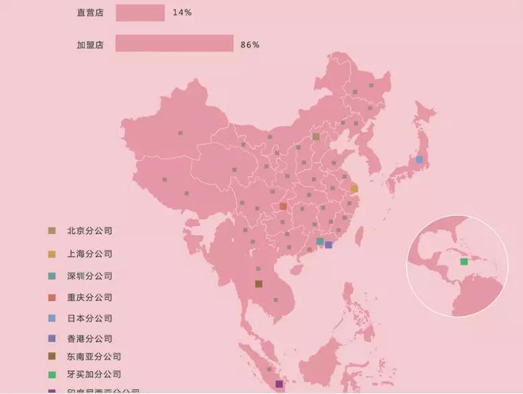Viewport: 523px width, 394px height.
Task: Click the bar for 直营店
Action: click(140, 13)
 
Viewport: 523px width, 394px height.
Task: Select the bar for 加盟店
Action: click(174, 44)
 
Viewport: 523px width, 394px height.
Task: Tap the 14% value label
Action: click(182, 13)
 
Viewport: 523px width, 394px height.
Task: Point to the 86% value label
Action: click(249, 44)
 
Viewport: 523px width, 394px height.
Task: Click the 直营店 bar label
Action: click(89, 13)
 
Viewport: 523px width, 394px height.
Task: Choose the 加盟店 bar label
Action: click(89, 44)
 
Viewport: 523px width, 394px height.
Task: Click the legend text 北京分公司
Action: click(89, 231)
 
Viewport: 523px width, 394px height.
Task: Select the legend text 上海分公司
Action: click(89, 254)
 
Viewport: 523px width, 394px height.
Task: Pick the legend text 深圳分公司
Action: click(89, 276)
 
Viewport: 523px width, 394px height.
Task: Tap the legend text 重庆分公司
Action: click(89, 297)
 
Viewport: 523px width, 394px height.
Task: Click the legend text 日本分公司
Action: click(89, 318)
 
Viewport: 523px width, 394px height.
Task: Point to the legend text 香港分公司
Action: click(89, 339)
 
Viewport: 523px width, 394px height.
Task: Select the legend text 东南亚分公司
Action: click(94, 356)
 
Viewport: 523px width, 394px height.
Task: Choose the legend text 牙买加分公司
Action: click(94, 374)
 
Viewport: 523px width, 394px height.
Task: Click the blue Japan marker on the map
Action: click(419, 159)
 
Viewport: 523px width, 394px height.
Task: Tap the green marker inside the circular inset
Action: click(464, 262)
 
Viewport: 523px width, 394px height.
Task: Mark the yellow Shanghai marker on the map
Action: click(354, 189)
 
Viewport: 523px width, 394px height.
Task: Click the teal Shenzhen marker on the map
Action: click(320, 241)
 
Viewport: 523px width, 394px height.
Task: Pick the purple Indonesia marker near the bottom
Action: click(279, 384)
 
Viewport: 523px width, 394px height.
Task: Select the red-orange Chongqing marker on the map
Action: click(283, 206)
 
